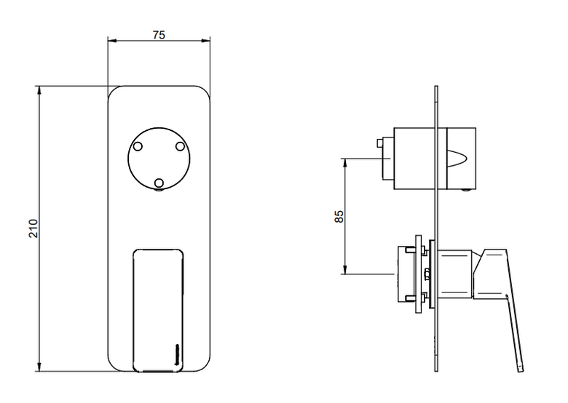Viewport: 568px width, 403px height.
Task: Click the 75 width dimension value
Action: tap(159, 35)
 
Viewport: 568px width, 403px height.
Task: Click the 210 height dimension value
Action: tap(33, 228)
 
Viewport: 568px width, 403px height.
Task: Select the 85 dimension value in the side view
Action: tap(339, 216)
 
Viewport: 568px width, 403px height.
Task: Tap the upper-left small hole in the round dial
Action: tap(138, 146)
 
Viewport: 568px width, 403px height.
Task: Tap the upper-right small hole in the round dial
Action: tap(181, 146)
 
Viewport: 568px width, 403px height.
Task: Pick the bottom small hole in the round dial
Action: tap(159, 183)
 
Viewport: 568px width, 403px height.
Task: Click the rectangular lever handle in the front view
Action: tap(158, 311)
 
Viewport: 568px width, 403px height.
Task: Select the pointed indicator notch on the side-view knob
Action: tap(457, 159)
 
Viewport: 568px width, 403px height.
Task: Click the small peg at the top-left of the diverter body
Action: tap(380, 143)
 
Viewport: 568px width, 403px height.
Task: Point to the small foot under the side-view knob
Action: tap(466, 191)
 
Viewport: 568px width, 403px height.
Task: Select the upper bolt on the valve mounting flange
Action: tap(411, 250)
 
